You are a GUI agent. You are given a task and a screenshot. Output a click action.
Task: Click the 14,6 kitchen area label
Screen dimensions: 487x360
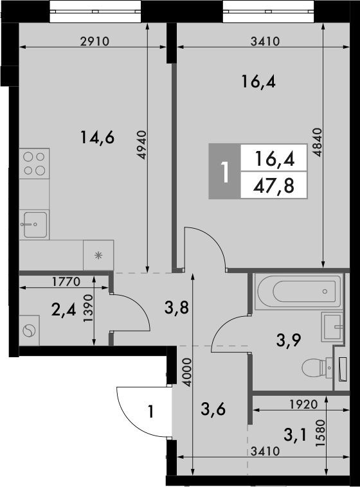(97, 136)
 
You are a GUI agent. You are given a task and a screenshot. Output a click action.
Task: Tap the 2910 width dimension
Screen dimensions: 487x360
(95, 41)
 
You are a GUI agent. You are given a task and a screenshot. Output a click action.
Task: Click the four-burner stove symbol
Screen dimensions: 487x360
(34, 163)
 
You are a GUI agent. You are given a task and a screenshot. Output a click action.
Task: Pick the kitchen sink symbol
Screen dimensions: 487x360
(34, 225)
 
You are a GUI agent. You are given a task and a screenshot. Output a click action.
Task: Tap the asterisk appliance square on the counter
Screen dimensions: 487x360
(98, 255)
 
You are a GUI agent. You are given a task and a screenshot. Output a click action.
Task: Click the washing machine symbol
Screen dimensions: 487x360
(30, 331)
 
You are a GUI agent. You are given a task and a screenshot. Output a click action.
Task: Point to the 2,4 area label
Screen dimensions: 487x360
(63, 310)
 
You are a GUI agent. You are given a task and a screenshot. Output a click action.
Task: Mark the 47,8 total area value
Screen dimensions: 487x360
(271, 186)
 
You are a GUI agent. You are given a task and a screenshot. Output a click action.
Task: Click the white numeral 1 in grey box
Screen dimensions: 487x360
(224, 172)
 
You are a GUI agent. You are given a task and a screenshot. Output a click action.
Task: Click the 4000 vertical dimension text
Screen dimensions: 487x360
(186, 371)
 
